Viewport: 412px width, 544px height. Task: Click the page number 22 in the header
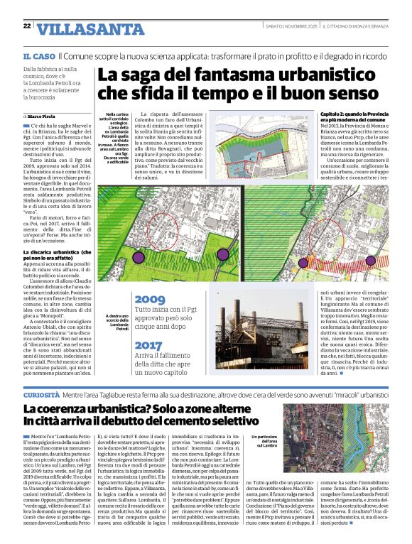26,26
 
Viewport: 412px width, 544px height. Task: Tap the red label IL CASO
39,55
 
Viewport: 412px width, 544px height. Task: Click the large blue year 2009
149,299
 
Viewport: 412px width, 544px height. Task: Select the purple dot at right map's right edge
370,260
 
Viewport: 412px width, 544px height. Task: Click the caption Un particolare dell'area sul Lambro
266,441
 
